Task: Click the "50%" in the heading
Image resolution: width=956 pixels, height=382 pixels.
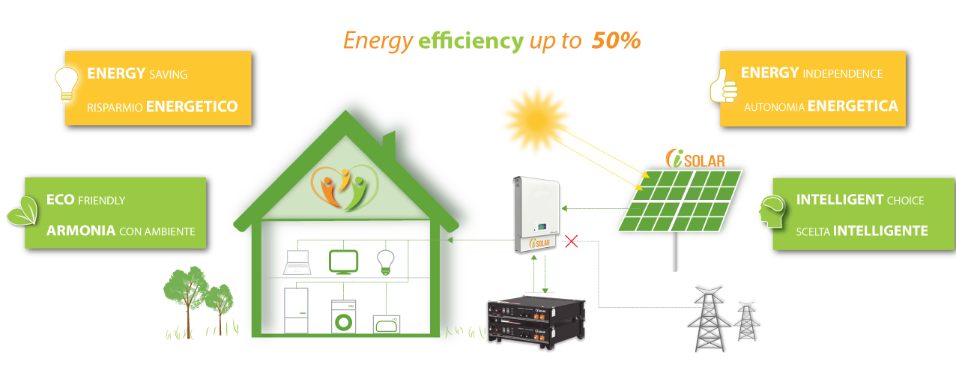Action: click(616, 41)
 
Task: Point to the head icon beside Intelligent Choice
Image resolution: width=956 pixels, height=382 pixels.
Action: click(769, 212)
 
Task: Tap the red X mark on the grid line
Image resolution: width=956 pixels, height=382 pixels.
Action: click(572, 241)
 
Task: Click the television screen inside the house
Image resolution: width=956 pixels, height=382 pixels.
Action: click(343, 261)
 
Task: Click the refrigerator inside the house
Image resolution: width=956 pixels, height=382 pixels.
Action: click(297, 309)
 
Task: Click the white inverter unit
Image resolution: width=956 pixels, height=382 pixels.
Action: click(536, 213)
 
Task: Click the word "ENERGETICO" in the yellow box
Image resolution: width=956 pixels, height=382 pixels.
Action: click(192, 106)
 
